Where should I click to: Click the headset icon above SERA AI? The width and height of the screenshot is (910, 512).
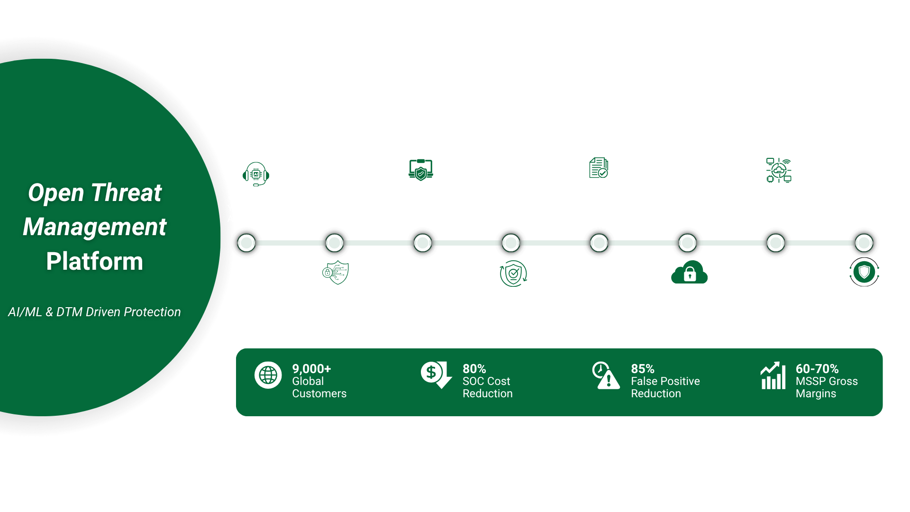click(x=256, y=174)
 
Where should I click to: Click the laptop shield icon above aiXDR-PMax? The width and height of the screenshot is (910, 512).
click(x=421, y=169)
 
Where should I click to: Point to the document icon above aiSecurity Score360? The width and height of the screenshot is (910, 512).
click(x=599, y=168)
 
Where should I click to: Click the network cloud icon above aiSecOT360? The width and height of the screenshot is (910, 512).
click(x=779, y=170)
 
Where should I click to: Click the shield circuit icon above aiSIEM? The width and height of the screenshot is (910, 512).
click(x=336, y=273)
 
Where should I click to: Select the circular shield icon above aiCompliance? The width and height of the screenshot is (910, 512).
click(x=513, y=274)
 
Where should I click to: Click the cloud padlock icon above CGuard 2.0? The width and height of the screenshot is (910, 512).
click(x=689, y=273)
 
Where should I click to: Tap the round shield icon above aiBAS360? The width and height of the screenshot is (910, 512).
click(x=864, y=272)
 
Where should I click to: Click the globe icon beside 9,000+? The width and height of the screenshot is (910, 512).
click(x=268, y=375)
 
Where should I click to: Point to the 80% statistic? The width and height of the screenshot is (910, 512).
click(x=474, y=369)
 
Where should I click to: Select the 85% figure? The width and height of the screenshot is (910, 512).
click(x=642, y=369)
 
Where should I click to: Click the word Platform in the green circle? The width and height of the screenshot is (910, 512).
click(x=95, y=262)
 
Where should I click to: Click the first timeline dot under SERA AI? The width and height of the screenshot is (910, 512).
click(x=246, y=243)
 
